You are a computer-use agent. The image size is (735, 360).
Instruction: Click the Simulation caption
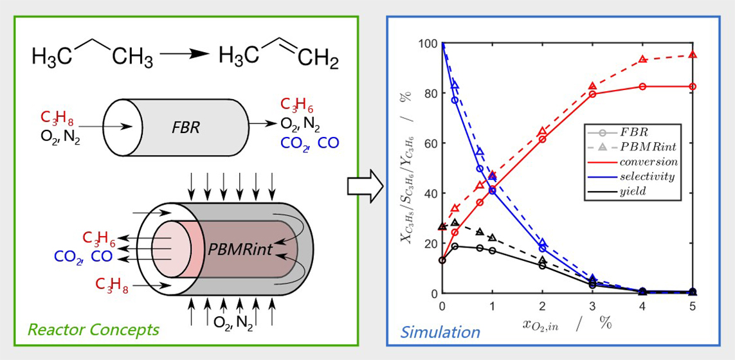[440, 332]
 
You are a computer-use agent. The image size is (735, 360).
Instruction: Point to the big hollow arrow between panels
[364, 187]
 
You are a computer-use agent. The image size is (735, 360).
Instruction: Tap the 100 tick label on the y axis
[427, 44]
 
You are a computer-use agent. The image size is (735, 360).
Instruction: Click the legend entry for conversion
[648, 162]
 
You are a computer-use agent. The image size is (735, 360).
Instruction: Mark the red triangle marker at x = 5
[693, 55]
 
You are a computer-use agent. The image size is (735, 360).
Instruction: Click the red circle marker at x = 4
[642, 86]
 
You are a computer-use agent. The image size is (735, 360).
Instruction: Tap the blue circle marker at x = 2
[542, 249]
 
